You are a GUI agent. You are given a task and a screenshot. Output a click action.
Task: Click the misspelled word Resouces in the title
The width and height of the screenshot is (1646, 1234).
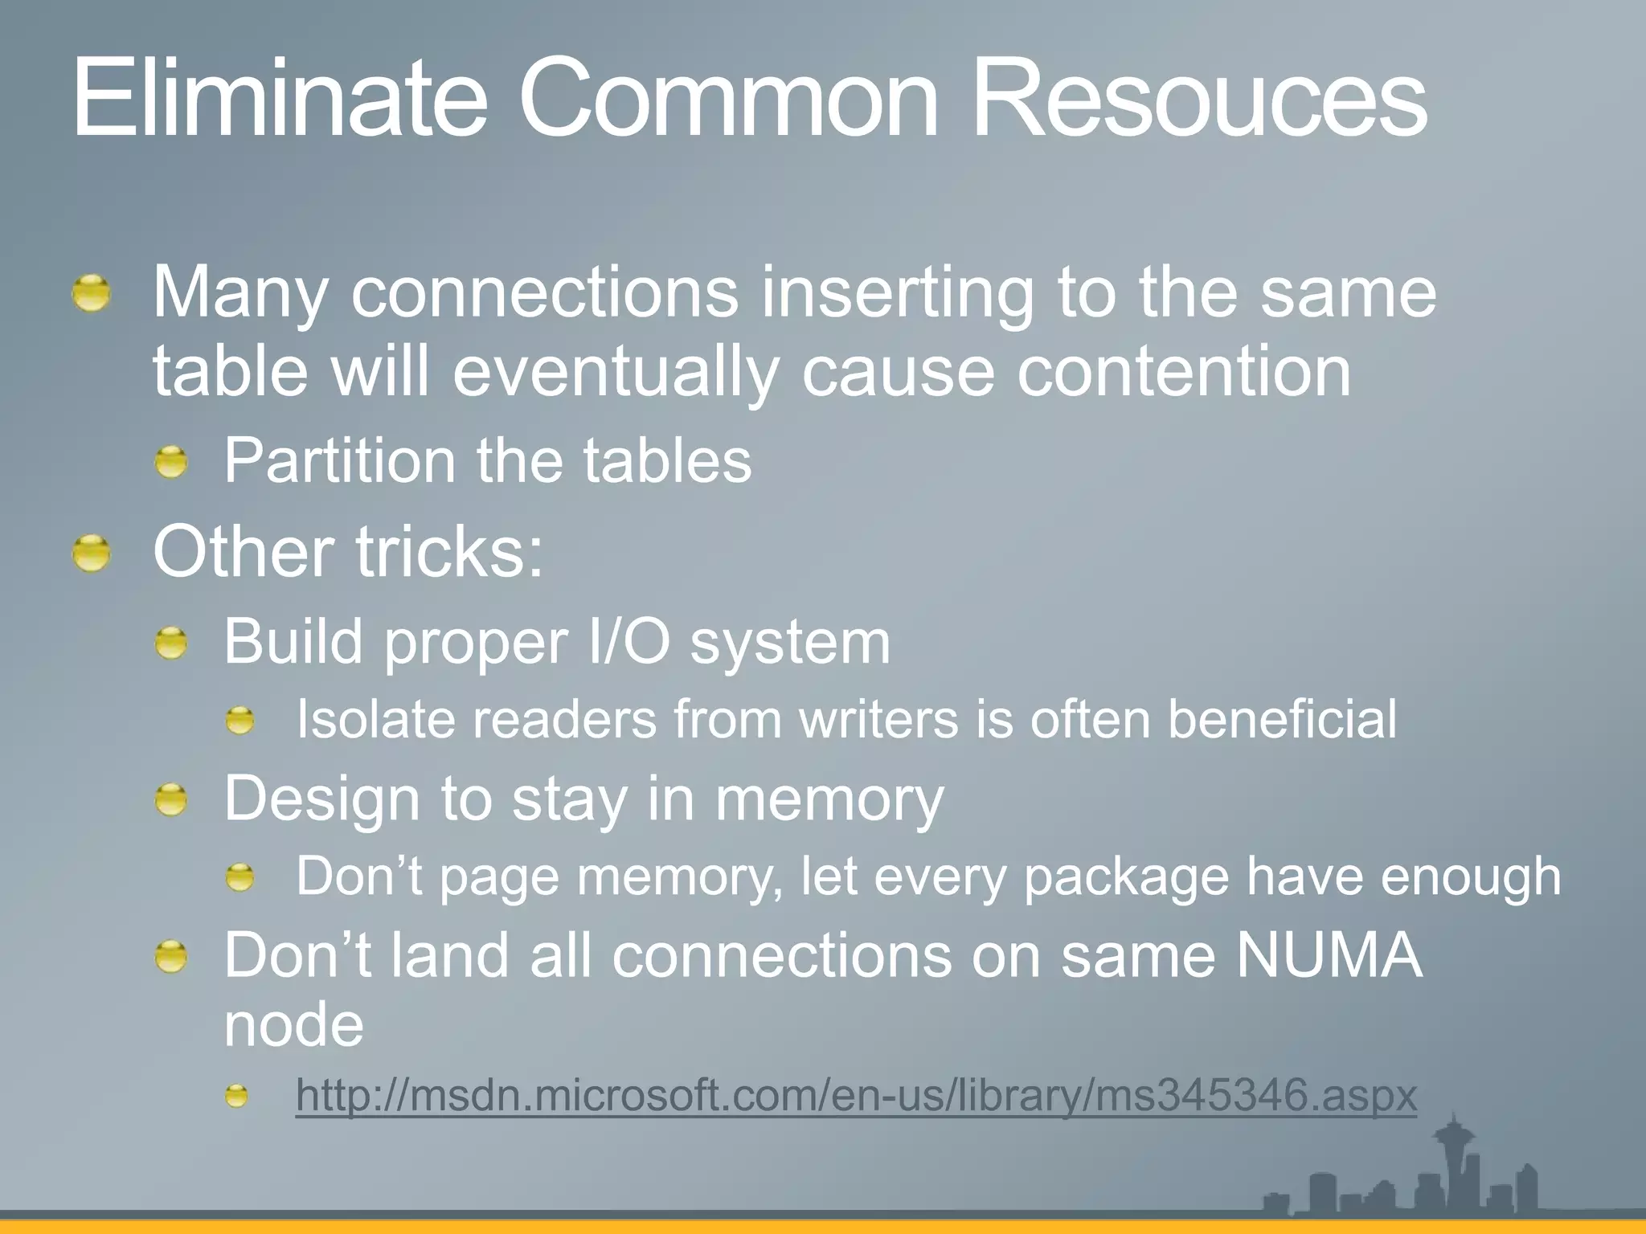1198,100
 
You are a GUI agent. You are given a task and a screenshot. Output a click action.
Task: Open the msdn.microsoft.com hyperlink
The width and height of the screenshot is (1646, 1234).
856,1095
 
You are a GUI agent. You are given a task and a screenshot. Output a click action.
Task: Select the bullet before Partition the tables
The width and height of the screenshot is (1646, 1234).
171,463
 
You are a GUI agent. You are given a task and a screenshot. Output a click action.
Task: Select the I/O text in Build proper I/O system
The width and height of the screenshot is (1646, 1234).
629,643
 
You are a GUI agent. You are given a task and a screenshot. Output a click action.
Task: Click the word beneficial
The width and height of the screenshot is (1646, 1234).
1282,719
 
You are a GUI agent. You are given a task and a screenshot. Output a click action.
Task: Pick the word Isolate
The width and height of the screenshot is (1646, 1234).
375,719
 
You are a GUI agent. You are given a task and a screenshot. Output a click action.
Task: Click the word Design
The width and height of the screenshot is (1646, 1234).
322,799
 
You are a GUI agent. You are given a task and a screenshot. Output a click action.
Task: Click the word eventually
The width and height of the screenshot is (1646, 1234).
616,373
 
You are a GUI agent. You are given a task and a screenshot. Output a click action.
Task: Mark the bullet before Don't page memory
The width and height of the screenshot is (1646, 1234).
239,877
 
